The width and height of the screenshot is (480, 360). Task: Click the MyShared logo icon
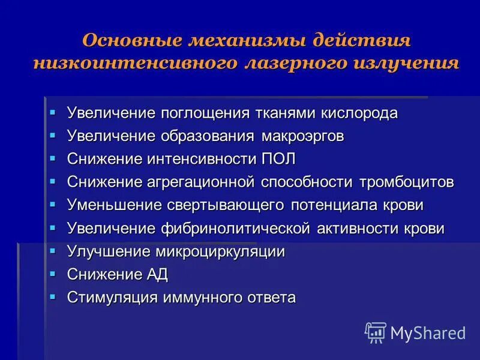click(376, 332)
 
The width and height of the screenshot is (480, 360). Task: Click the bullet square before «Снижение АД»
click(53, 273)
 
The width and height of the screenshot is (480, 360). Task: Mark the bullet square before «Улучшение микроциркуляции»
click(53, 250)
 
